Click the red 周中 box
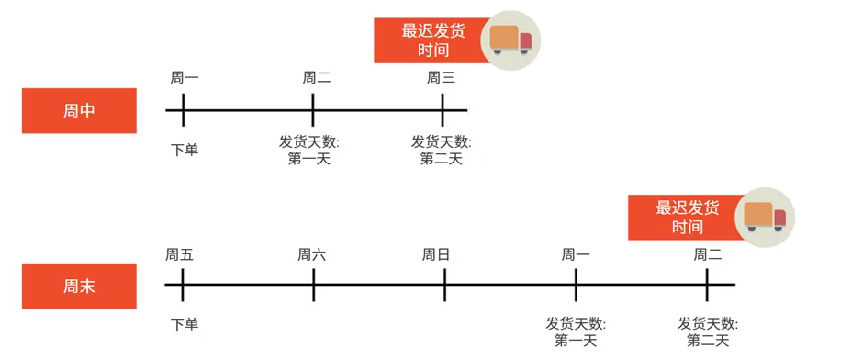click(79, 111)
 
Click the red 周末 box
click(79, 286)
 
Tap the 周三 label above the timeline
click(441, 78)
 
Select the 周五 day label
click(180, 254)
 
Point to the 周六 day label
click(312, 254)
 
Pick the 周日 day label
click(436, 254)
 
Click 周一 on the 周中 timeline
click(184, 78)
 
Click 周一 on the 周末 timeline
click(576, 254)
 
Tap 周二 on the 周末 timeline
click(708, 254)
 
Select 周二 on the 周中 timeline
click(316, 78)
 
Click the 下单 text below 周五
click(185, 323)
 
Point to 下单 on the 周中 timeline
click(185, 149)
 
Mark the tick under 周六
click(314, 285)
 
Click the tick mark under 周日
click(444, 285)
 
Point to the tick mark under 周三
click(443, 110)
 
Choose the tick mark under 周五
click(183, 285)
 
